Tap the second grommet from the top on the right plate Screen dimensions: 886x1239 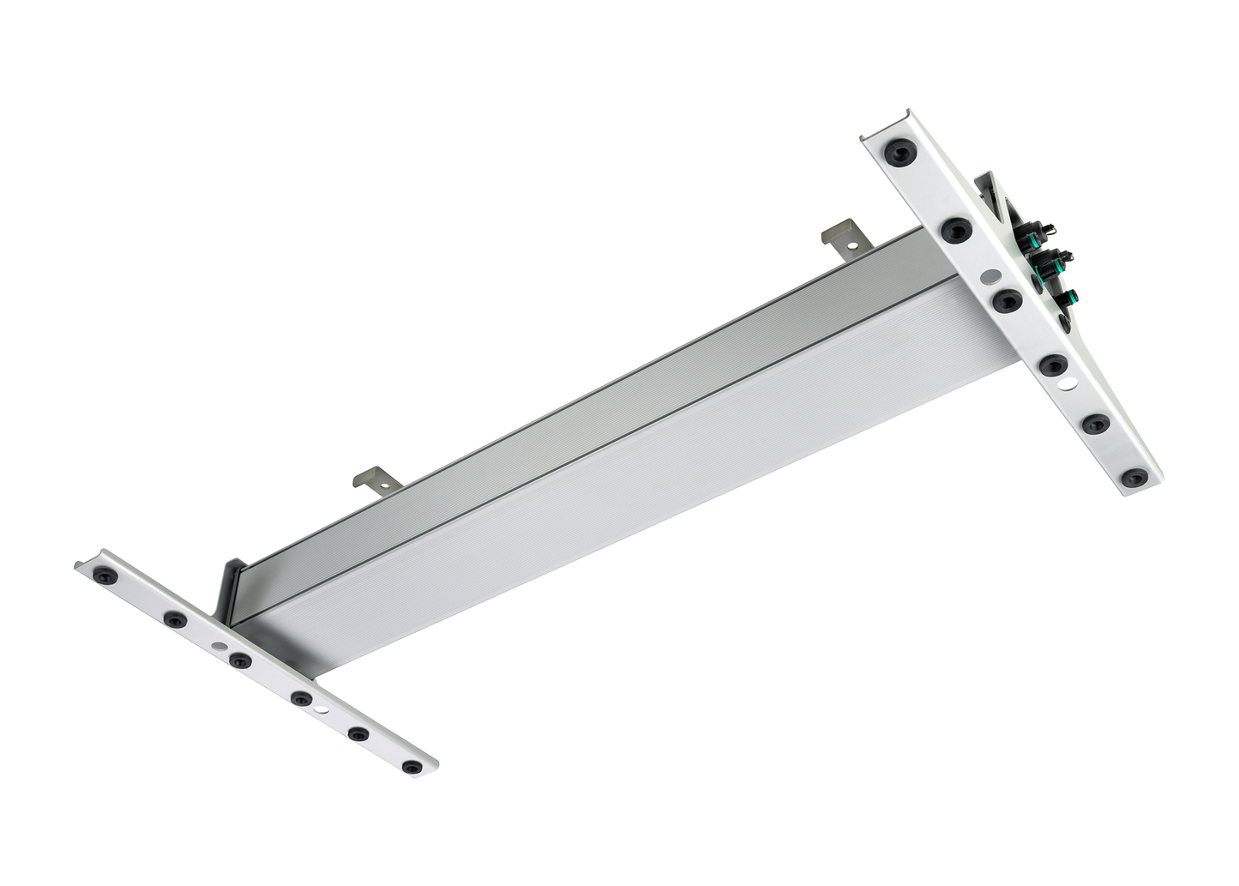click(x=956, y=230)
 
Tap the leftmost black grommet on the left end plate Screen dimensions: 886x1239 click(x=106, y=574)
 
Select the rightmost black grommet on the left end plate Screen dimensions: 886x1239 click(x=412, y=767)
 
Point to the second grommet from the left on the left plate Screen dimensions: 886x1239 click(x=175, y=618)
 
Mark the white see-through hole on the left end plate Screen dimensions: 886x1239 click(x=320, y=711)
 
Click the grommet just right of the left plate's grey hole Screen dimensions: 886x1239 click(x=240, y=660)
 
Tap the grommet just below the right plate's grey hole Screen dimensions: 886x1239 click(x=1007, y=301)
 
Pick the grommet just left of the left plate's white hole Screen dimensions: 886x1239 click(x=301, y=698)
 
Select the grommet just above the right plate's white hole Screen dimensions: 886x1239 click(x=1053, y=365)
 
